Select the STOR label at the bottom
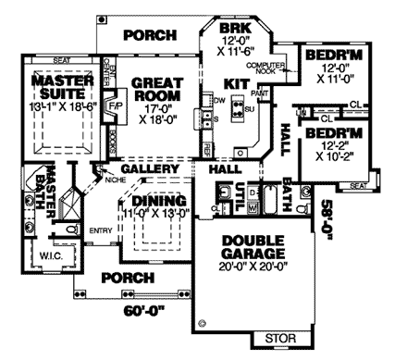(x=280, y=340)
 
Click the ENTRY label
(x=101, y=230)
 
